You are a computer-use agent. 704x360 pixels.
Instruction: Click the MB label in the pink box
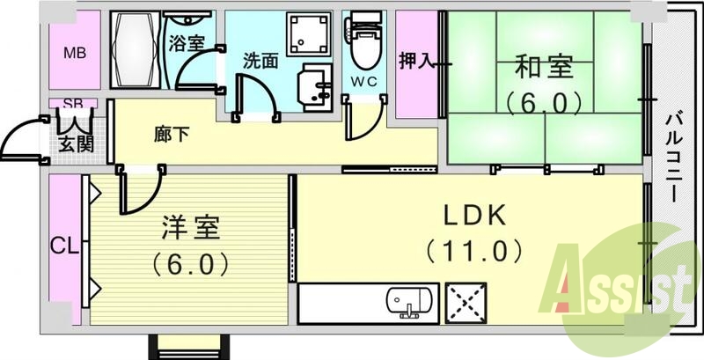75,52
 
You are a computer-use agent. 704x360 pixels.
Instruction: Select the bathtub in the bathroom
136,50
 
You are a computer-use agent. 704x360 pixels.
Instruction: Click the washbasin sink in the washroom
313,88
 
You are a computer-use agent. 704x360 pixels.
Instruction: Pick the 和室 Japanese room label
544,66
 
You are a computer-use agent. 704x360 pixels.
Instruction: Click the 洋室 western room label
190,226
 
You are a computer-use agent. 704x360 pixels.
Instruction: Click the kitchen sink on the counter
410,303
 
